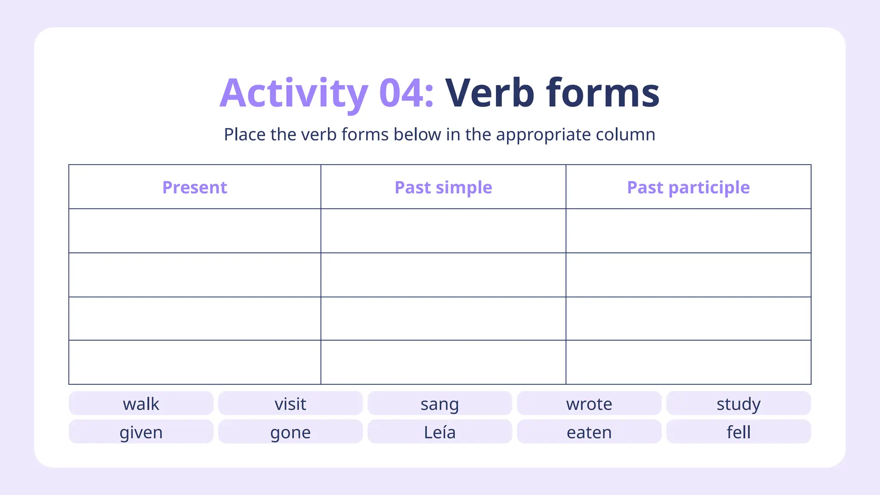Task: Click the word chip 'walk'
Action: (141, 404)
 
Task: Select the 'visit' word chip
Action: (290, 404)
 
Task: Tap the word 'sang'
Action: (440, 404)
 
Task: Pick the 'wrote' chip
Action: (589, 404)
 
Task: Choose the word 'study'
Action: (738, 404)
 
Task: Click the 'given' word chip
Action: (141, 432)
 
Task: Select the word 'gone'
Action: (290, 432)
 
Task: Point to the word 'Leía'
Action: (440, 432)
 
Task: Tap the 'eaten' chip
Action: (589, 432)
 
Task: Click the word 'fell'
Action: (738, 432)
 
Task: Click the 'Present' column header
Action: (195, 187)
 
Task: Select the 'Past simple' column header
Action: (443, 187)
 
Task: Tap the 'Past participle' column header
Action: (688, 187)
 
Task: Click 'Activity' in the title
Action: (294, 93)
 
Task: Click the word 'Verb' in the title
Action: (490, 93)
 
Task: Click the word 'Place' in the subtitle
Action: (244, 135)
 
